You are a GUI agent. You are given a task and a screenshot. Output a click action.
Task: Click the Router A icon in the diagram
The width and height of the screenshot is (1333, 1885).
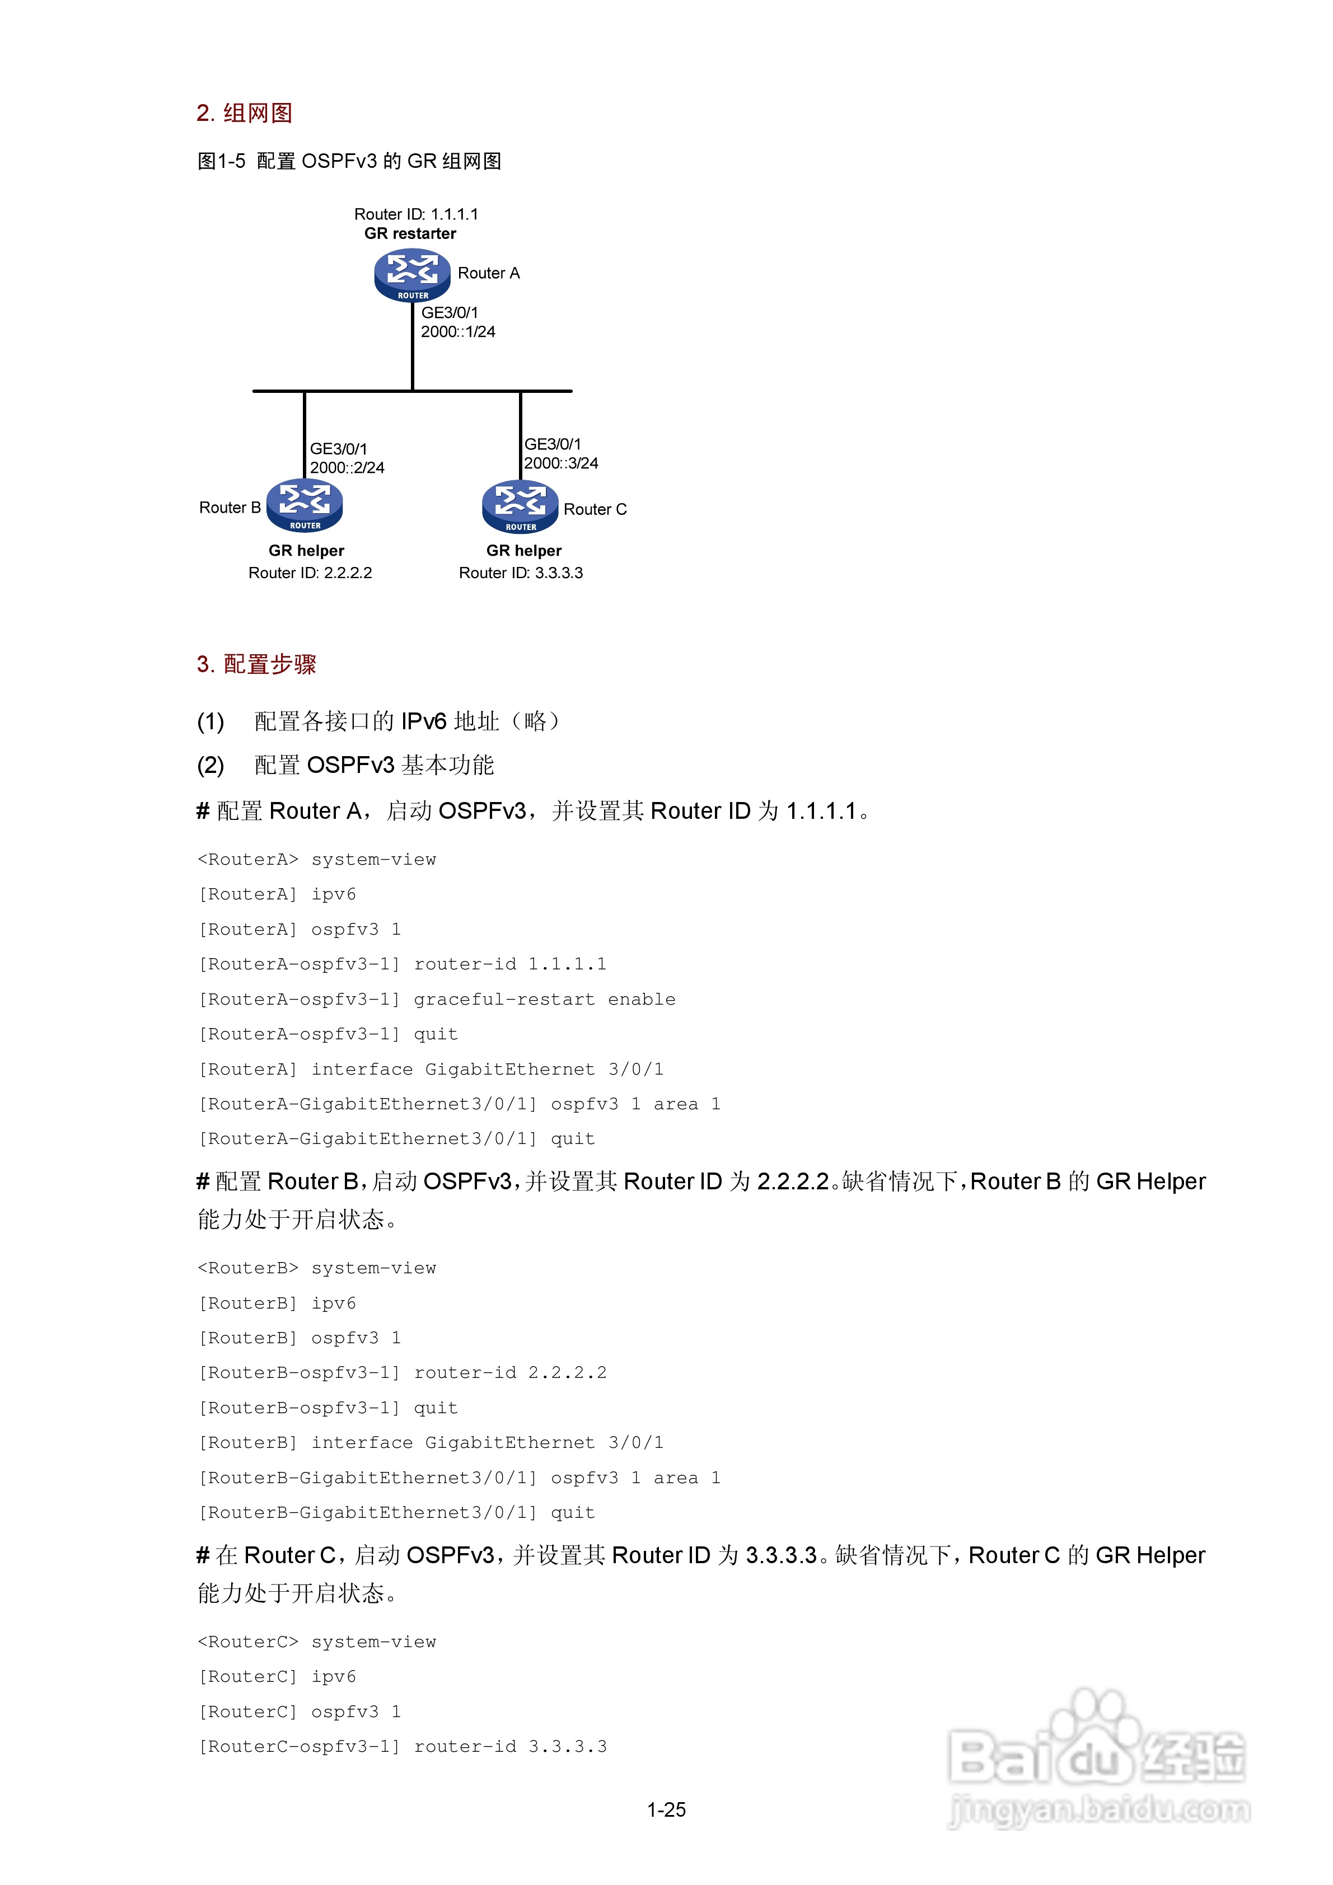(412, 275)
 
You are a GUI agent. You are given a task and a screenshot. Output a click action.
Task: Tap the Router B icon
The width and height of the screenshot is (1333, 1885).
(305, 505)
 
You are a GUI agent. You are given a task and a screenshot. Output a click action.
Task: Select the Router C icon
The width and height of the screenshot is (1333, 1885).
(520, 507)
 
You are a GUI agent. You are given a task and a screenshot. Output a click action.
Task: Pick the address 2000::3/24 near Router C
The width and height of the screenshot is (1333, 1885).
(561, 463)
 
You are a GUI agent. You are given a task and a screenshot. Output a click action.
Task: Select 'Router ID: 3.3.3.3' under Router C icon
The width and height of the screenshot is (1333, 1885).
(521, 573)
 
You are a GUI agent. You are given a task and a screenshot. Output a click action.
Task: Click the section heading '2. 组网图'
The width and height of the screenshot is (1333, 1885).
(244, 113)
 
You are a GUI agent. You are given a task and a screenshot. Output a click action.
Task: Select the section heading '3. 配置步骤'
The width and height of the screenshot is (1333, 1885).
(256, 664)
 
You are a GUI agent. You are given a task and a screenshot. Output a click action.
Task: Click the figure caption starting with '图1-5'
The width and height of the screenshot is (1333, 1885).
(349, 162)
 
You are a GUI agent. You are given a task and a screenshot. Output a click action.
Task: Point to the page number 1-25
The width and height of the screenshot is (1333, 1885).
(666, 1809)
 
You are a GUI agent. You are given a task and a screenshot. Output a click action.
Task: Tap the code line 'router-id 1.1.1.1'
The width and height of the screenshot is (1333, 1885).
(509, 964)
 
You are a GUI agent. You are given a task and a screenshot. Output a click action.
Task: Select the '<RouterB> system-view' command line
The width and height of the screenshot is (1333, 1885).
(317, 1268)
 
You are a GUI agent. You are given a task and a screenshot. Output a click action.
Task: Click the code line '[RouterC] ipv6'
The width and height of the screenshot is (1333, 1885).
(278, 1676)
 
